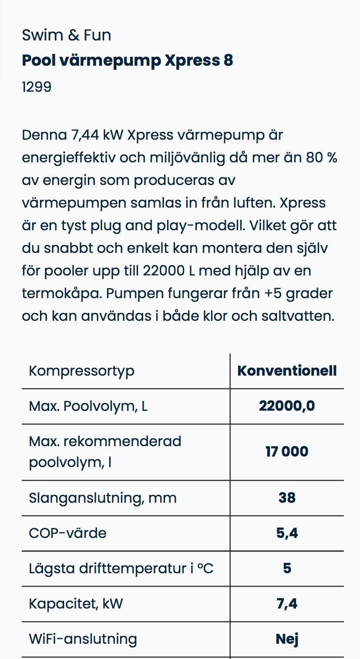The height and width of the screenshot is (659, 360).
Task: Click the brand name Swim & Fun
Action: (x=66, y=35)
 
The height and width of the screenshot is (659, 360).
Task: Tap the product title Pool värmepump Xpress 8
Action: (x=127, y=61)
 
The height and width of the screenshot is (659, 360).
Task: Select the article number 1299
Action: (x=37, y=87)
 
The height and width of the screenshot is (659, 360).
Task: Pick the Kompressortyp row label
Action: (x=81, y=371)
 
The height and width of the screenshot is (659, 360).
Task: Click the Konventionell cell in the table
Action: (x=287, y=371)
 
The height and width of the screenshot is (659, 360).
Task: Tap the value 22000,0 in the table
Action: (x=287, y=406)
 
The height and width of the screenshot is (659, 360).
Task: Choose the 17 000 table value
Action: (x=287, y=452)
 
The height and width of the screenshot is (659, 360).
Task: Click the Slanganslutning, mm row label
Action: (x=103, y=498)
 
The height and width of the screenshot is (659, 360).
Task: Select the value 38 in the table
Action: (x=287, y=498)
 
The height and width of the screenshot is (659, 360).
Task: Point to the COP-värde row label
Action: (x=67, y=533)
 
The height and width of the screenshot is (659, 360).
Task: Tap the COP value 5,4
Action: (x=287, y=533)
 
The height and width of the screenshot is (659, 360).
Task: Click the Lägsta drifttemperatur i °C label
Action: (x=121, y=568)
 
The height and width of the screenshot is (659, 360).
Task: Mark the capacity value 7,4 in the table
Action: (x=287, y=604)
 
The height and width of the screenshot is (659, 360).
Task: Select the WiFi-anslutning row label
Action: (x=83, y=639)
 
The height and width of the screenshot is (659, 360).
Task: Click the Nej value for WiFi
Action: (x=287, y=639)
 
